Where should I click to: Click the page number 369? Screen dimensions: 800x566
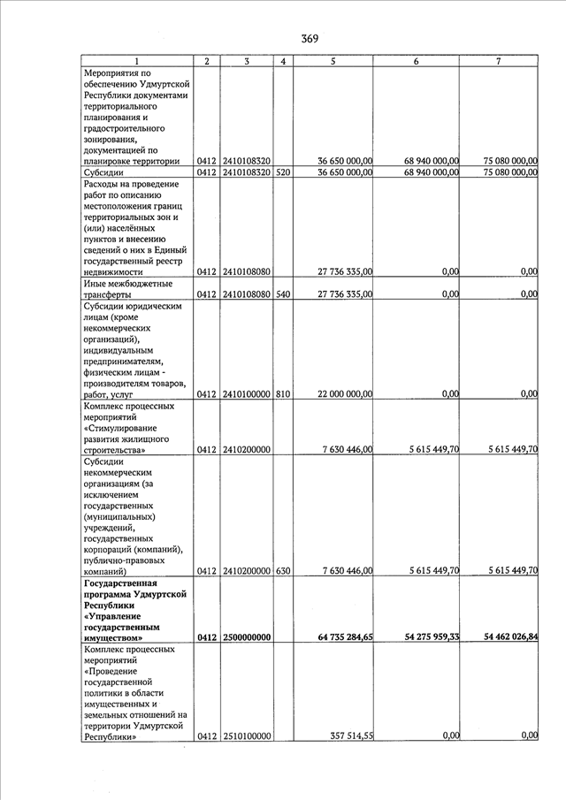pos(309,38)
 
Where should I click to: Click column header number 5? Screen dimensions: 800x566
pos(332,61)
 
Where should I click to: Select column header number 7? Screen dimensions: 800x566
pos(499,61)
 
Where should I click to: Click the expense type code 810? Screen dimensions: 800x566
pos(282,394)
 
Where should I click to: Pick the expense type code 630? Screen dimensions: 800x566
pos(282,571)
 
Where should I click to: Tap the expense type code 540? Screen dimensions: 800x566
pos(282,294)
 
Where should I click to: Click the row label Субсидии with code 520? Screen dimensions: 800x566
pos(103,173)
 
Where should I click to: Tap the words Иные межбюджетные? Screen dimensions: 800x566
pos(126,284)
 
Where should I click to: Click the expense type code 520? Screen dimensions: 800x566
pos(282,173)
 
